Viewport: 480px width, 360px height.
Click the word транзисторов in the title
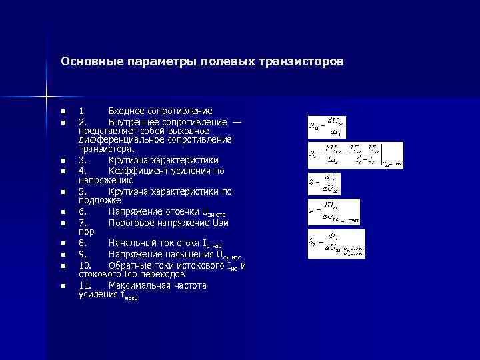(303, 62)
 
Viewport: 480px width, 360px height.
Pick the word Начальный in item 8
(133, 243)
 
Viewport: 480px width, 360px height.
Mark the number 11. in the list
(85, 285)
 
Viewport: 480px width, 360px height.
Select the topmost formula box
(327, 125)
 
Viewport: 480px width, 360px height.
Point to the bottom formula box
(337, 244)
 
